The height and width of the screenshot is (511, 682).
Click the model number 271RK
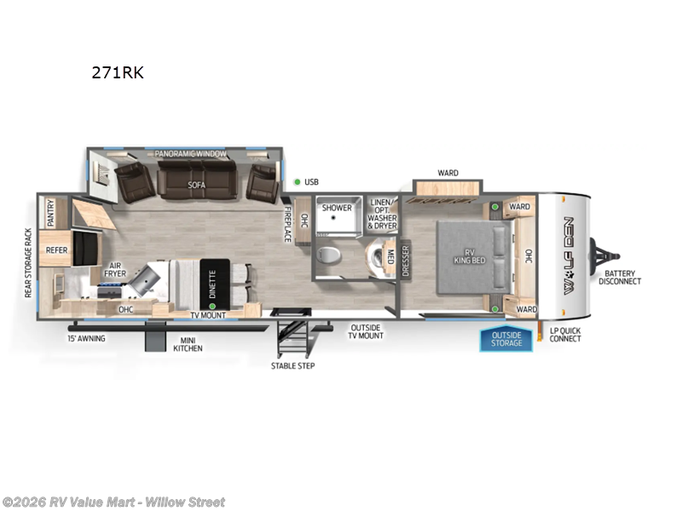coord(118,72)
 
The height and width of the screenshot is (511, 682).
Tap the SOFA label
coord(197,184)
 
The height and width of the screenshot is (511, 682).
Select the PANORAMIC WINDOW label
coord(190,154)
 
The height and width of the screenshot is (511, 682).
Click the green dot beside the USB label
coord(296,181)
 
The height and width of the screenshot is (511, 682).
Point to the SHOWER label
coord(337,208)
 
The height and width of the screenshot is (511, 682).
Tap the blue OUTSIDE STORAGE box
coord(506,340)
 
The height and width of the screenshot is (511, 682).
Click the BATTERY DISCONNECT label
coord(620,277)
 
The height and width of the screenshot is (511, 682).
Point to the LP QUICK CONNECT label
coord(565,334)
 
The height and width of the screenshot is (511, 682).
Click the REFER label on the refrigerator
coord(57,250)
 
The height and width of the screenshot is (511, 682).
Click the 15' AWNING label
coord(86,338)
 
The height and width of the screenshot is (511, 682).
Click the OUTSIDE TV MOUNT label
coord(367,331)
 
